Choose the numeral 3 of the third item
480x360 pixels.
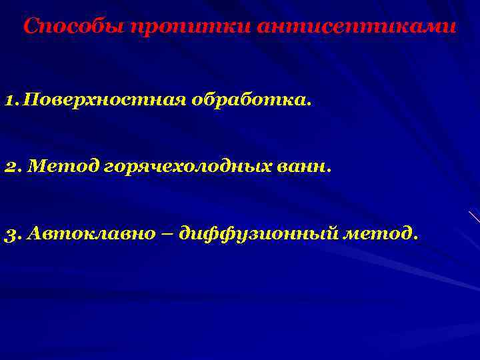10,234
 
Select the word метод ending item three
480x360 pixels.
382,233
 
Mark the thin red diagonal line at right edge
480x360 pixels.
474,216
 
